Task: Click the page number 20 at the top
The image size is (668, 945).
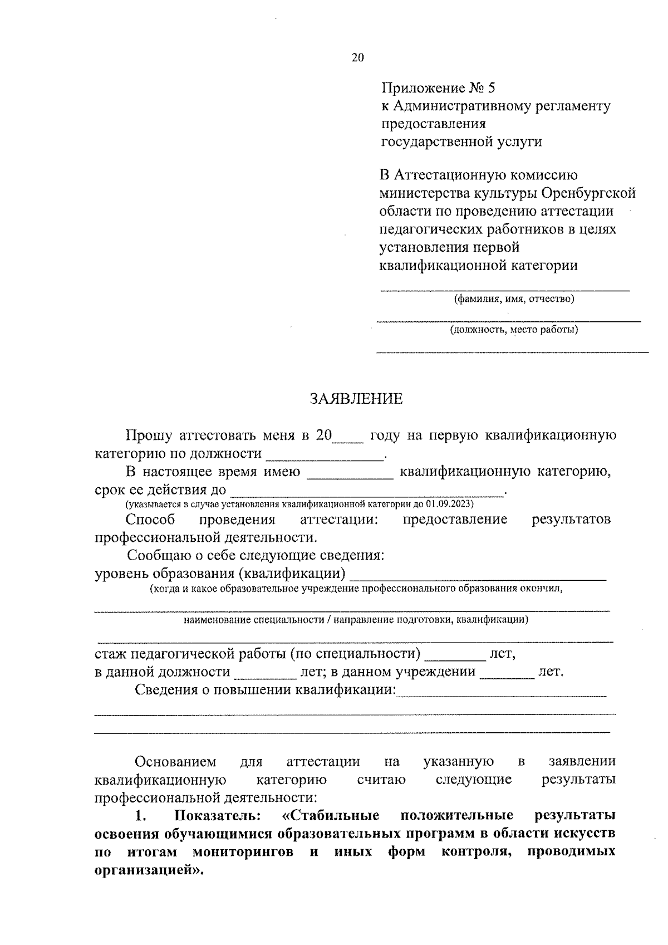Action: click(x=357, y=57)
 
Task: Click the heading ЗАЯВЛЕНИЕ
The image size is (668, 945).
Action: click(x=356, y=399)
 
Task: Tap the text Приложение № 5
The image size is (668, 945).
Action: click(x=438, y=88)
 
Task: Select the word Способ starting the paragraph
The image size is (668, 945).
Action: click(x=150, y=520)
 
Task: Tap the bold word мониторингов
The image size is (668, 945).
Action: click(x=243, y=853)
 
